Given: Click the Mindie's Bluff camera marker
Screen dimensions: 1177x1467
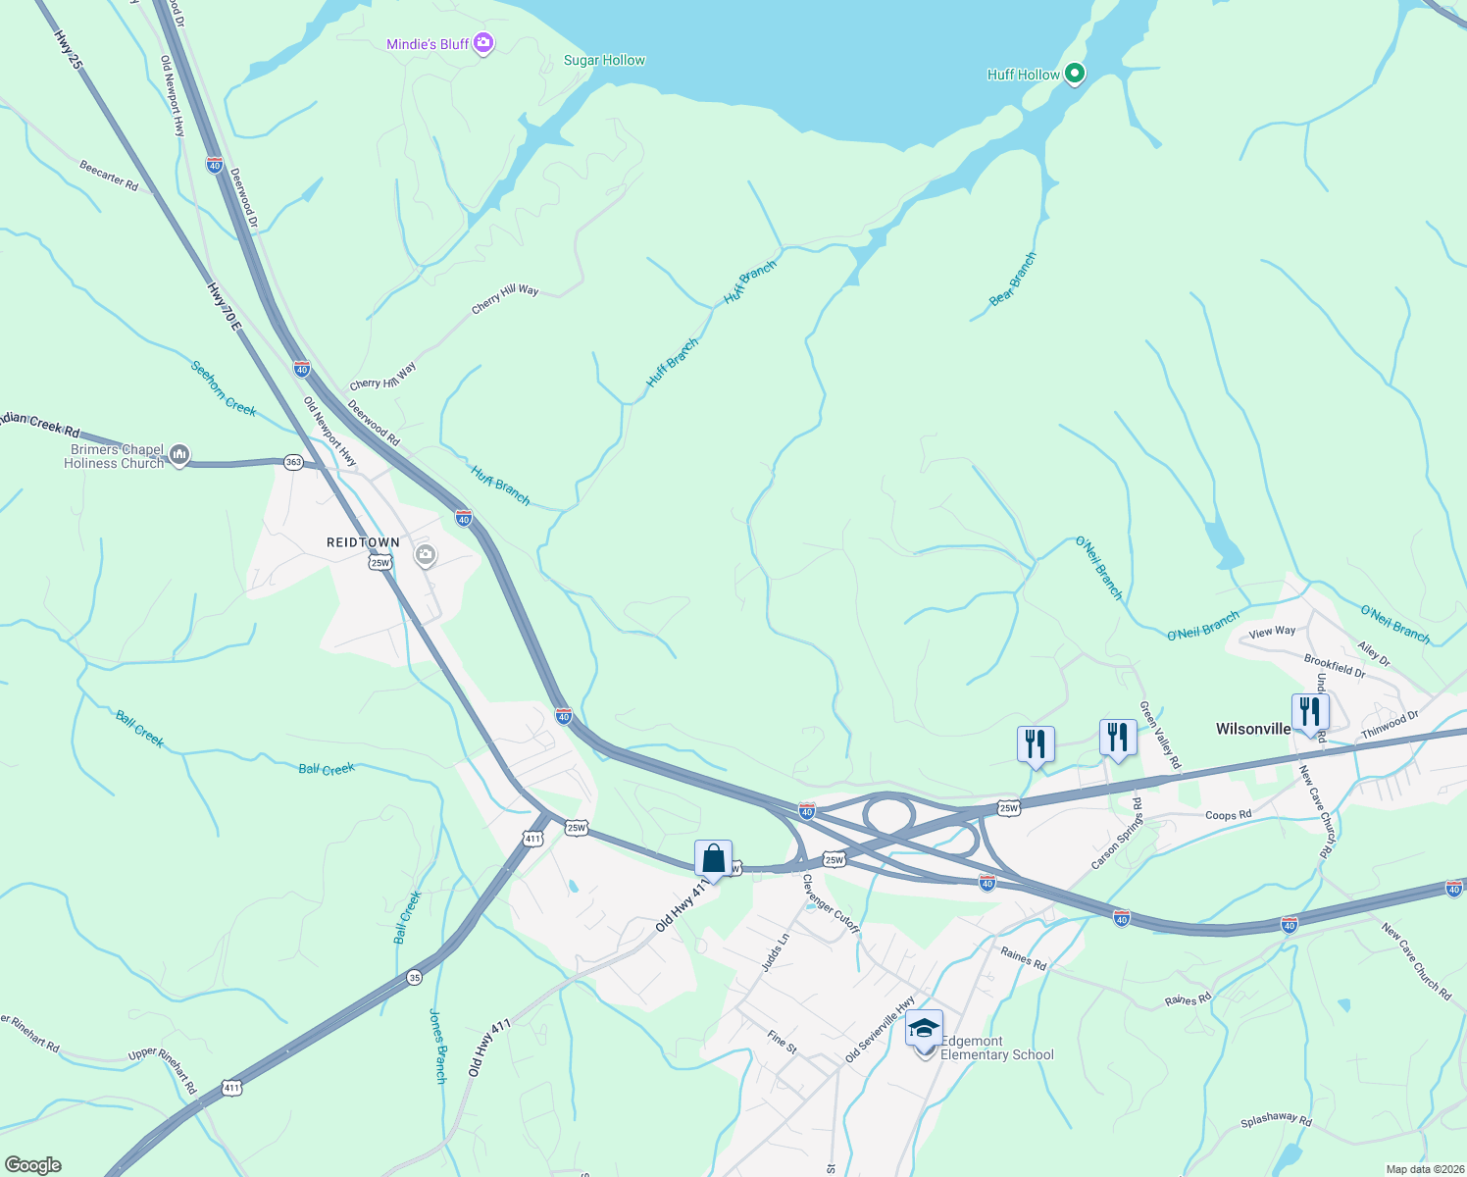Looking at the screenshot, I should pos(482,43).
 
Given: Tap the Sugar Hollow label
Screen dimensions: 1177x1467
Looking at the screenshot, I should pos(604,60).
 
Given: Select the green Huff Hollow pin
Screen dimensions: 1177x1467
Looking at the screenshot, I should pos(1074,73).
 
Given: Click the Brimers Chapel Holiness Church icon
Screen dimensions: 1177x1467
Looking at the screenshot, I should pos(178,454).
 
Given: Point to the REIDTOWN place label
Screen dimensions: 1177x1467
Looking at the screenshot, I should pos(363,542).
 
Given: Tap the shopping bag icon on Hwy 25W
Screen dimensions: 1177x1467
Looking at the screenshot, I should pos(714,858).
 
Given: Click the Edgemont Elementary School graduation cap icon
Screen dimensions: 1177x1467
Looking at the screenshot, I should pos(924,1030).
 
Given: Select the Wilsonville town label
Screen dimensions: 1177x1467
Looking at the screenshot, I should pos(1253,729).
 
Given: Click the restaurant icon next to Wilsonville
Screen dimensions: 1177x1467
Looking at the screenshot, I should pos(1310,712).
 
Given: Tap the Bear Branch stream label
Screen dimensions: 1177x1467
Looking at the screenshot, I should pos(1013,280).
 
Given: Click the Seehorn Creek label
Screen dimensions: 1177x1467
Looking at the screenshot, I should pos(224,388).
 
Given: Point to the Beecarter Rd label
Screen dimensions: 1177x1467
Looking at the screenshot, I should pos(109,176).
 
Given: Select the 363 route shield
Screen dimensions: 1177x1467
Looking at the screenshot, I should pos(293,461).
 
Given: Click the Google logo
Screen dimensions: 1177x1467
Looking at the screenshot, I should pos(32,1165).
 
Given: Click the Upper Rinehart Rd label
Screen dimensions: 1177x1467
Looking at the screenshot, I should pos(163,1070).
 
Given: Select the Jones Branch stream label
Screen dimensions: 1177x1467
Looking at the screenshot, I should pos(438,1046).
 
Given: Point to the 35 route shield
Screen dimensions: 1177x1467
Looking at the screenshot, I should pos(415,977).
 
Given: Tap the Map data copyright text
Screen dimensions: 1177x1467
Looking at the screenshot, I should pos(1425,1169).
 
